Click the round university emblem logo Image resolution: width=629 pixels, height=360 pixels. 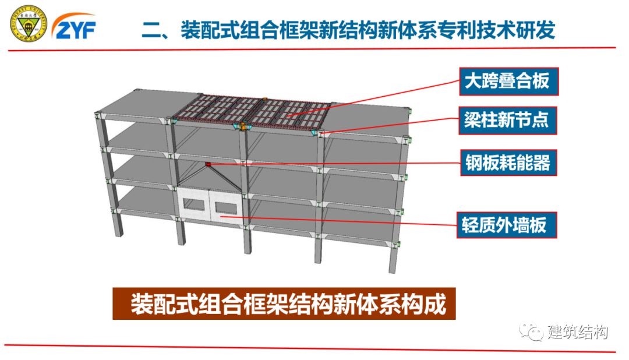click(28, 24)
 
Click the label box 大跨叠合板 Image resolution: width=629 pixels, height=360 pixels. click(506, 81)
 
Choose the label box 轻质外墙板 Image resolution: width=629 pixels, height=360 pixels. click(506, 224)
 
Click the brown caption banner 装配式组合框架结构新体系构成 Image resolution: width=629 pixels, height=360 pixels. click(284, 303)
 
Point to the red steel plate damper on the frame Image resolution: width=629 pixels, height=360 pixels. click(208, 165)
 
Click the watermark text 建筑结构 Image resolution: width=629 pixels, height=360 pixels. click(578, 332)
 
